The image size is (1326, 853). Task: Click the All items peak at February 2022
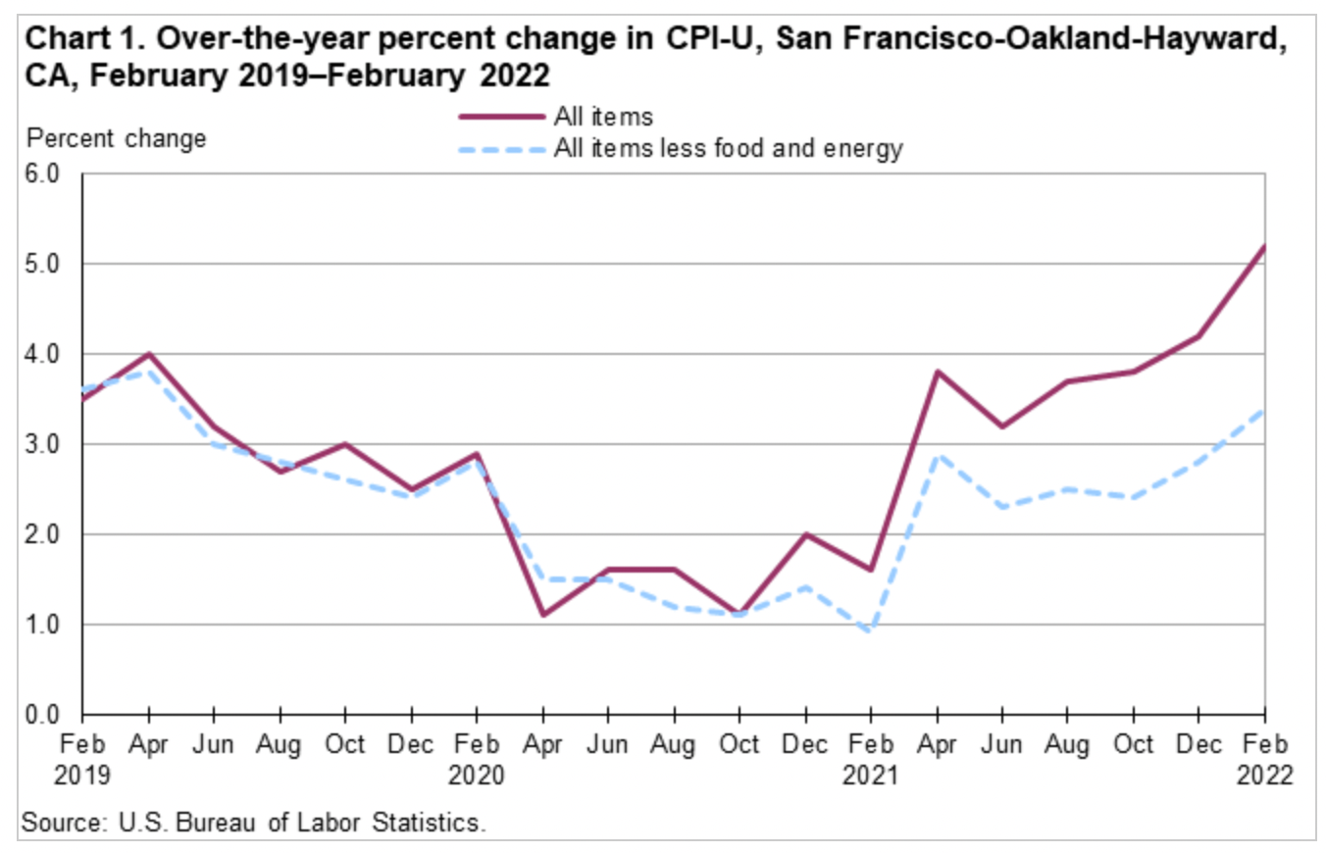click(1264, 246)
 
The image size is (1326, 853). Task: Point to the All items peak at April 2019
click(149, 354)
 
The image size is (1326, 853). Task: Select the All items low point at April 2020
click(542, 615)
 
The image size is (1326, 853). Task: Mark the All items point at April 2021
click(937, 372)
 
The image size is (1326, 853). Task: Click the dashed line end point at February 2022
click(1264, 409)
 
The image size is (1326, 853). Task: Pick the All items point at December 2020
click(805, 534)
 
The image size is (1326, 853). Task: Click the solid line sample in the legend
click(501, 116)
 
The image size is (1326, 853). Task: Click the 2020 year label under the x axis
click(477, 776)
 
